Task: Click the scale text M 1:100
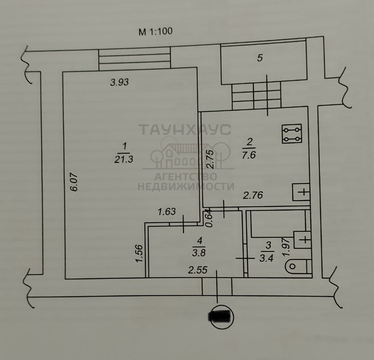[156, 31]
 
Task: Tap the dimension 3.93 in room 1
[120, 82]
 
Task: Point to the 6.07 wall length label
[74, 182]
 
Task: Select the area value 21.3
[124, 159]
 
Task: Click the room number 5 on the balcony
[260, 58]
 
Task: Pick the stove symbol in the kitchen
[292, 134]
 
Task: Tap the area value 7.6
[249, 155]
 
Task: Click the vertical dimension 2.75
[210, 159]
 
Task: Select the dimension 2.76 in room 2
[253, 195]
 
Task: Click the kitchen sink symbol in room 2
[301, 192]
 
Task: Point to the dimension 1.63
[167, 212]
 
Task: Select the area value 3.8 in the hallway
[199, 252]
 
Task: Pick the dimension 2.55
[198, 270]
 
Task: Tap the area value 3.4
[266, 258]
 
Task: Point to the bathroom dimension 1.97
[286, 247]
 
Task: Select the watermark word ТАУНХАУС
[185, 129]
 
